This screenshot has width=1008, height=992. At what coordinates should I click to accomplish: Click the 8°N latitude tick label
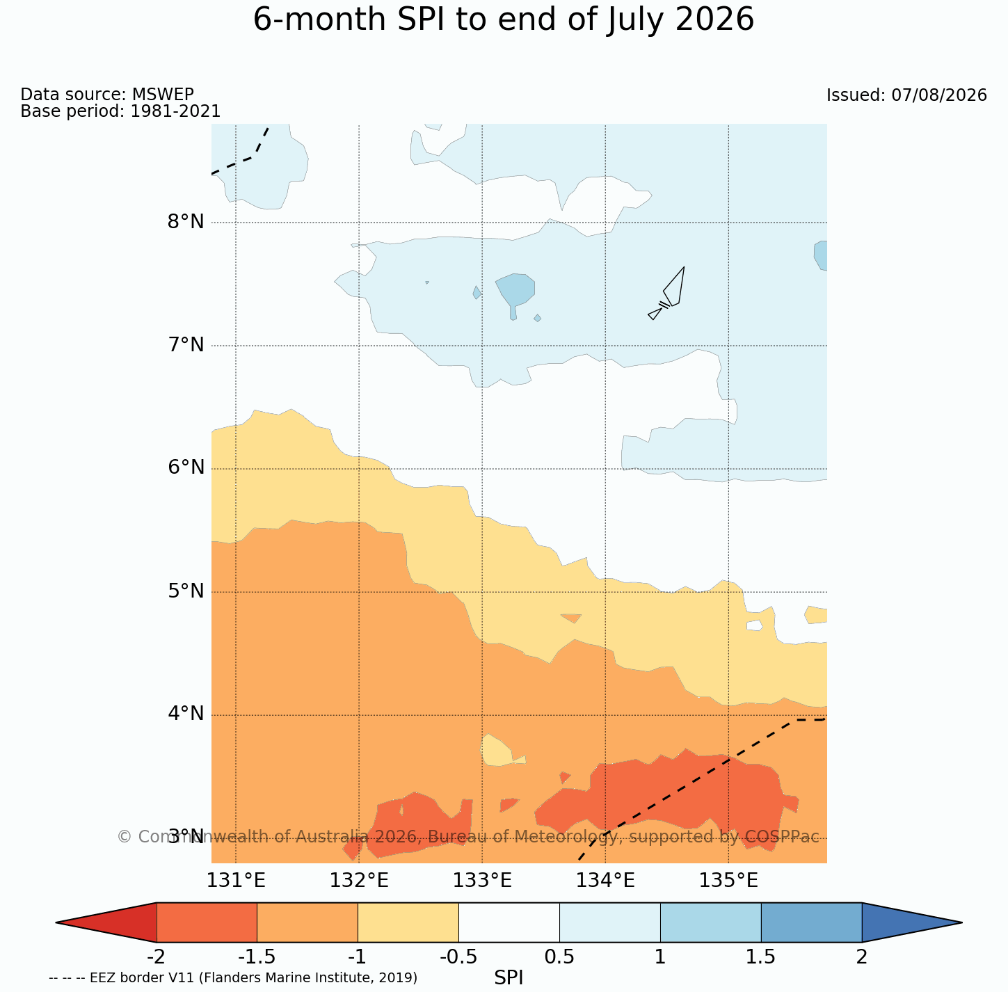coord(185,222)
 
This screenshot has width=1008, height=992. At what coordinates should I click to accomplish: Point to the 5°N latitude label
coord(185,591)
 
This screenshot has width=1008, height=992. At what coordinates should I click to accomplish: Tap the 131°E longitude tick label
coord(236,881)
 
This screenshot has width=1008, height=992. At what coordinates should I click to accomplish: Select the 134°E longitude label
coord(605,881)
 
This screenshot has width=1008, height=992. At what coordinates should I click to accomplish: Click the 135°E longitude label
coord(728,881)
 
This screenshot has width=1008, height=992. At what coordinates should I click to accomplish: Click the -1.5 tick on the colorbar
coord(256,957)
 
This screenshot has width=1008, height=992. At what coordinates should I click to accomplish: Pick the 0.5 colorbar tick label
coord(559,957)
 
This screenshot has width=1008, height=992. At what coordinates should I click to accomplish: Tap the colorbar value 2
coord(861,957)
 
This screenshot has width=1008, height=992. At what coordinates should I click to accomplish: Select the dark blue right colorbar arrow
coord(912,922)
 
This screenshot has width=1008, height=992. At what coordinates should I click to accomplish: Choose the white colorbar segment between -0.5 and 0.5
coord(509,922)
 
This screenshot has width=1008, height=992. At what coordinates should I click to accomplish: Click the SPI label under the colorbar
coord(509,978)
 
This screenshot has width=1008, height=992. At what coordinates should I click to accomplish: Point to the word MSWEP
coord(163,94)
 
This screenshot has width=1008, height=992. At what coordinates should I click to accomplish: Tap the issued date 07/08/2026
coord(939,95)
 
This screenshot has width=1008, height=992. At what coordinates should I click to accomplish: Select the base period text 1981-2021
coord(175,111)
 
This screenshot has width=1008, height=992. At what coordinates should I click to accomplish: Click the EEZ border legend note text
coord(233,977)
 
